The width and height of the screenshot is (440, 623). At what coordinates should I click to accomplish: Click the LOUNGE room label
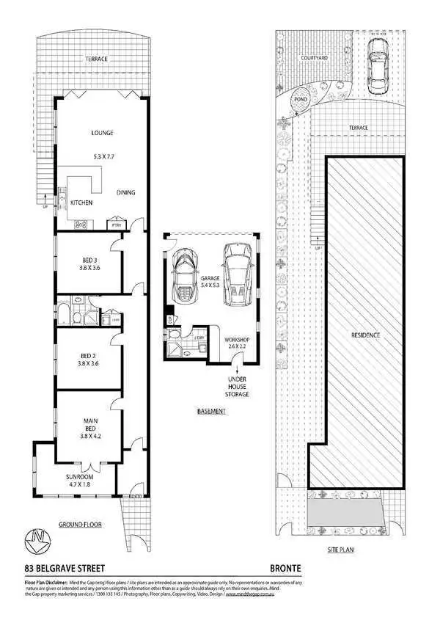click(100, 133)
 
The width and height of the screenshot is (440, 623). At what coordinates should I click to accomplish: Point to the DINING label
click(125, 193)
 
